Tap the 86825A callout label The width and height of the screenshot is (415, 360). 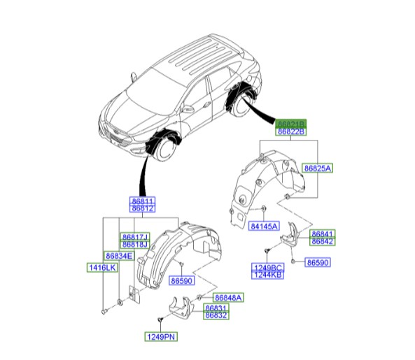318,168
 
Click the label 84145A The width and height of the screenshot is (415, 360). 264,226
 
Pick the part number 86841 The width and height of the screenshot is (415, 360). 323,233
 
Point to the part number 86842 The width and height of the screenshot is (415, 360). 323,241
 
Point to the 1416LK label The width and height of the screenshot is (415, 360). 101,268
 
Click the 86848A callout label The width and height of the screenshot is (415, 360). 227,298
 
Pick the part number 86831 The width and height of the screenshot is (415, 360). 216,308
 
